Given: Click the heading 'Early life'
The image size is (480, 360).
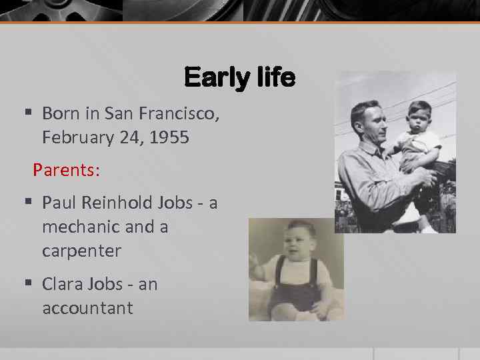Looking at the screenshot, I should tap(239, 78).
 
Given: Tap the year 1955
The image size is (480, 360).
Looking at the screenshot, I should tap(169, 138).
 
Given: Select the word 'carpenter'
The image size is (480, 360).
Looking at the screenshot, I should tap(81, 251).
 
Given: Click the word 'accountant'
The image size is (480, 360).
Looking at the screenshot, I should tap(87, 308).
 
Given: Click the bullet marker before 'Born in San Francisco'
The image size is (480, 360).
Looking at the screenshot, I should tap(27, 113).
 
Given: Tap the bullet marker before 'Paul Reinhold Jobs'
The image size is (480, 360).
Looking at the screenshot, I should tap(27, 202).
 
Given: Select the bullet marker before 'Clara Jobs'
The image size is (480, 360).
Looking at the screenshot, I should tap(27, 284).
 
